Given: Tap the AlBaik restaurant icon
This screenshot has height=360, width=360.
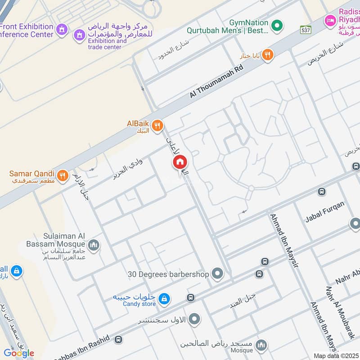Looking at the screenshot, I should [157, 126].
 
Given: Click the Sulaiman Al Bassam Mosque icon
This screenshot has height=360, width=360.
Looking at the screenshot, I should [94, 245].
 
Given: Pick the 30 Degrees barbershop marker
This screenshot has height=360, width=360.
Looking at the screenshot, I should [217, 274].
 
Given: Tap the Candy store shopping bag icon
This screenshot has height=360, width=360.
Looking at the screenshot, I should [165, 298].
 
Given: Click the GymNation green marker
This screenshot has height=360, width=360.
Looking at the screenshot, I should [278, 24].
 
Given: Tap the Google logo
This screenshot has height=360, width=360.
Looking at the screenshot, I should [19, 353].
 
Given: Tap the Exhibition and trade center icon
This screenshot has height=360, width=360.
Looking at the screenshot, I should [80, 34].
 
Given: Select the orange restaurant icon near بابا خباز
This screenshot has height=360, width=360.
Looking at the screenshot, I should [268, 55].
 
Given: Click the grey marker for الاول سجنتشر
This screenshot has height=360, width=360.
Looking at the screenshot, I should [194, 319].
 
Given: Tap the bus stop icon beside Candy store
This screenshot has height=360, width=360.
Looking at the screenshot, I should [191, 298].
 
